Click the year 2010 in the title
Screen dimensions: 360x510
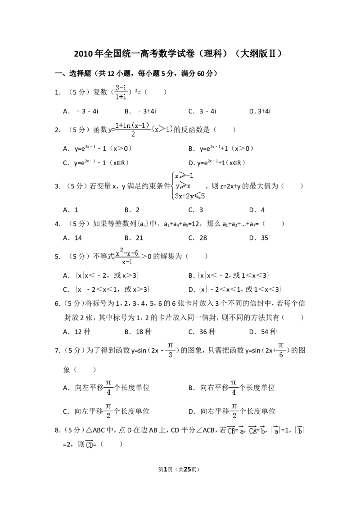coord(84,54)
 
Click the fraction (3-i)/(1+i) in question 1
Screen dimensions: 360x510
coord(121,92)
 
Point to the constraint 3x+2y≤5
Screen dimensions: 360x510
coord(190,196)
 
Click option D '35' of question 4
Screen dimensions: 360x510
coord(259,238)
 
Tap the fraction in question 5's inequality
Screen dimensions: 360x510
coord(127,256)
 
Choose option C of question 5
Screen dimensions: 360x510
coord(106,289)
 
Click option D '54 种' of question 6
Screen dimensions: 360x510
coord(263,331)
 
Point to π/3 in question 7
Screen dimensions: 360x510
coord(170,350)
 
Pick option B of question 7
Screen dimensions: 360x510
coord(232,388)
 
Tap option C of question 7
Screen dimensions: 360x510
coord(106,411)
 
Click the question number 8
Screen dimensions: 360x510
coord(58,430)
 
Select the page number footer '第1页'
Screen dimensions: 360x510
coord(166,469)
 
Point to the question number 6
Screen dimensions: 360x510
coord(58,303)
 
